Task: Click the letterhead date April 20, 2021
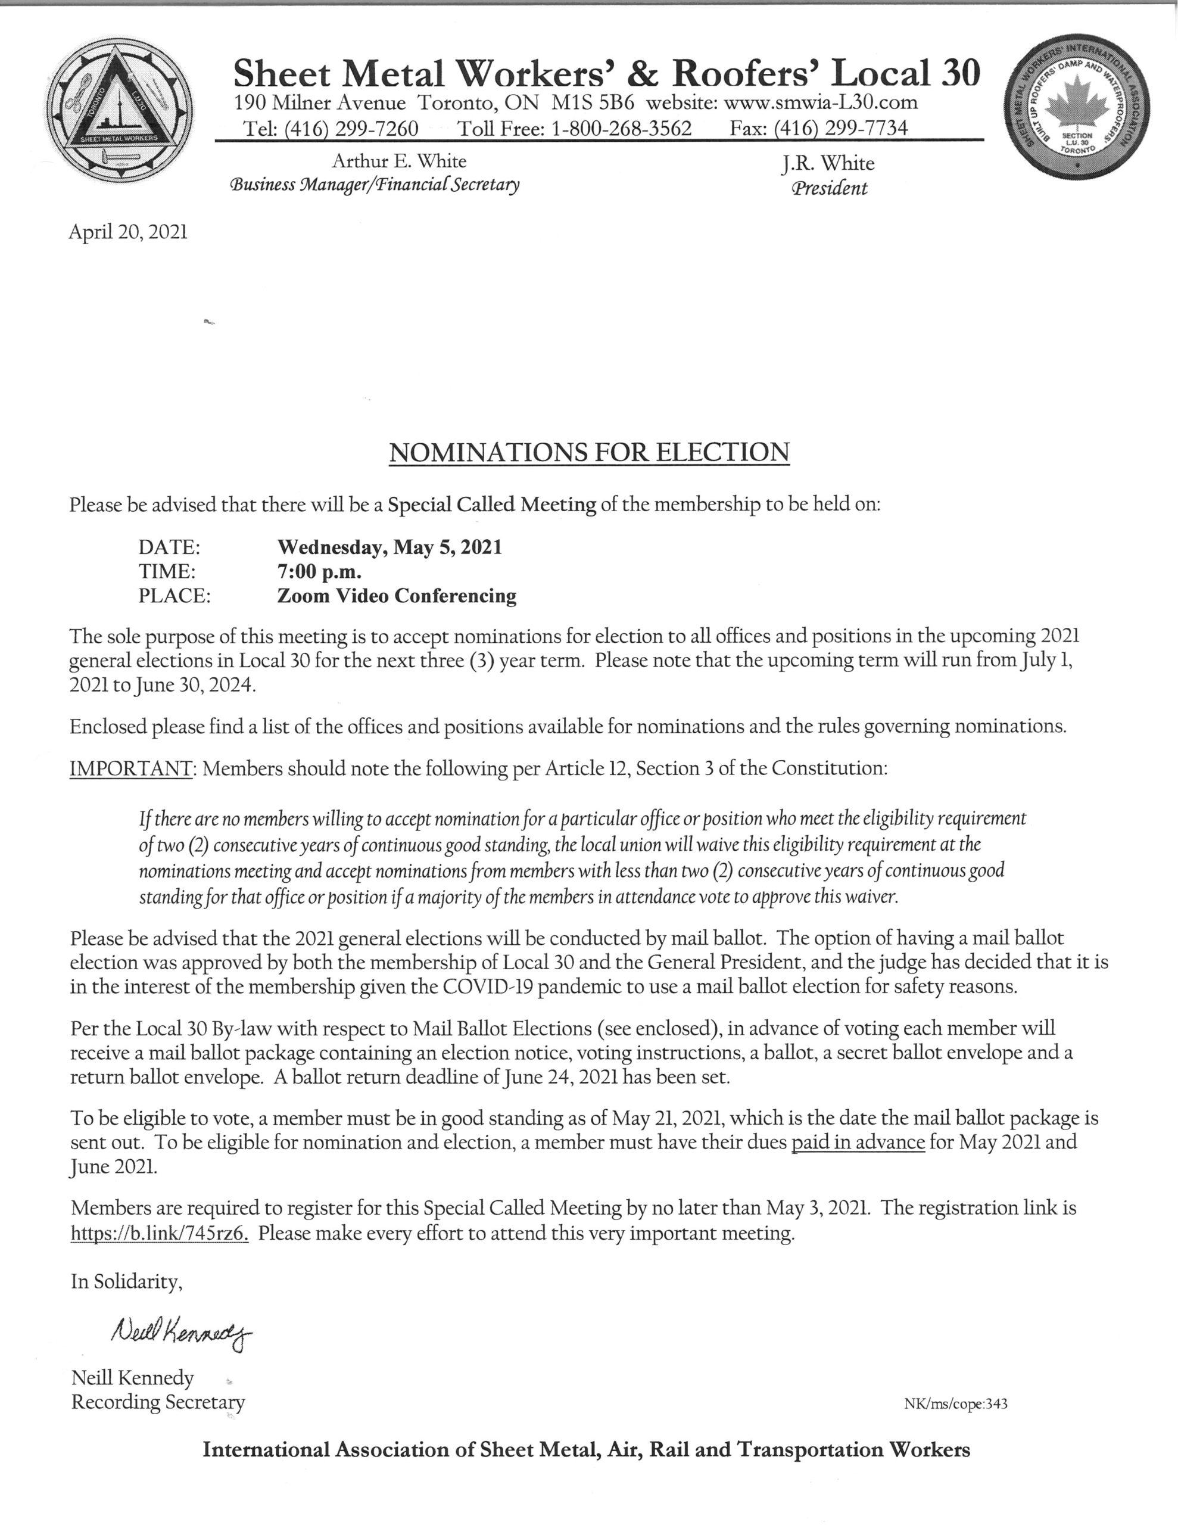tap(128, 232)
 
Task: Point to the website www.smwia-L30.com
tap(821, 102)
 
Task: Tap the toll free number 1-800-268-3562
tap(622, 129)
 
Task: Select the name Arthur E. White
tap(398, 161)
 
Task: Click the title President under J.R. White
tap(830, 188)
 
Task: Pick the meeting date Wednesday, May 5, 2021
tap(389, 547)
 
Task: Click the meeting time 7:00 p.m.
tap(319, 571)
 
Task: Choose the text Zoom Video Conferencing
tap(397, 596)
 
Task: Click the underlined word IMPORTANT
tap(130, 769)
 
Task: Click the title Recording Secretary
tap(158, 1402)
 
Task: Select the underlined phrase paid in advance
tap(858, 1143)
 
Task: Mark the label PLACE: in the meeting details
tap(174, 596)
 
